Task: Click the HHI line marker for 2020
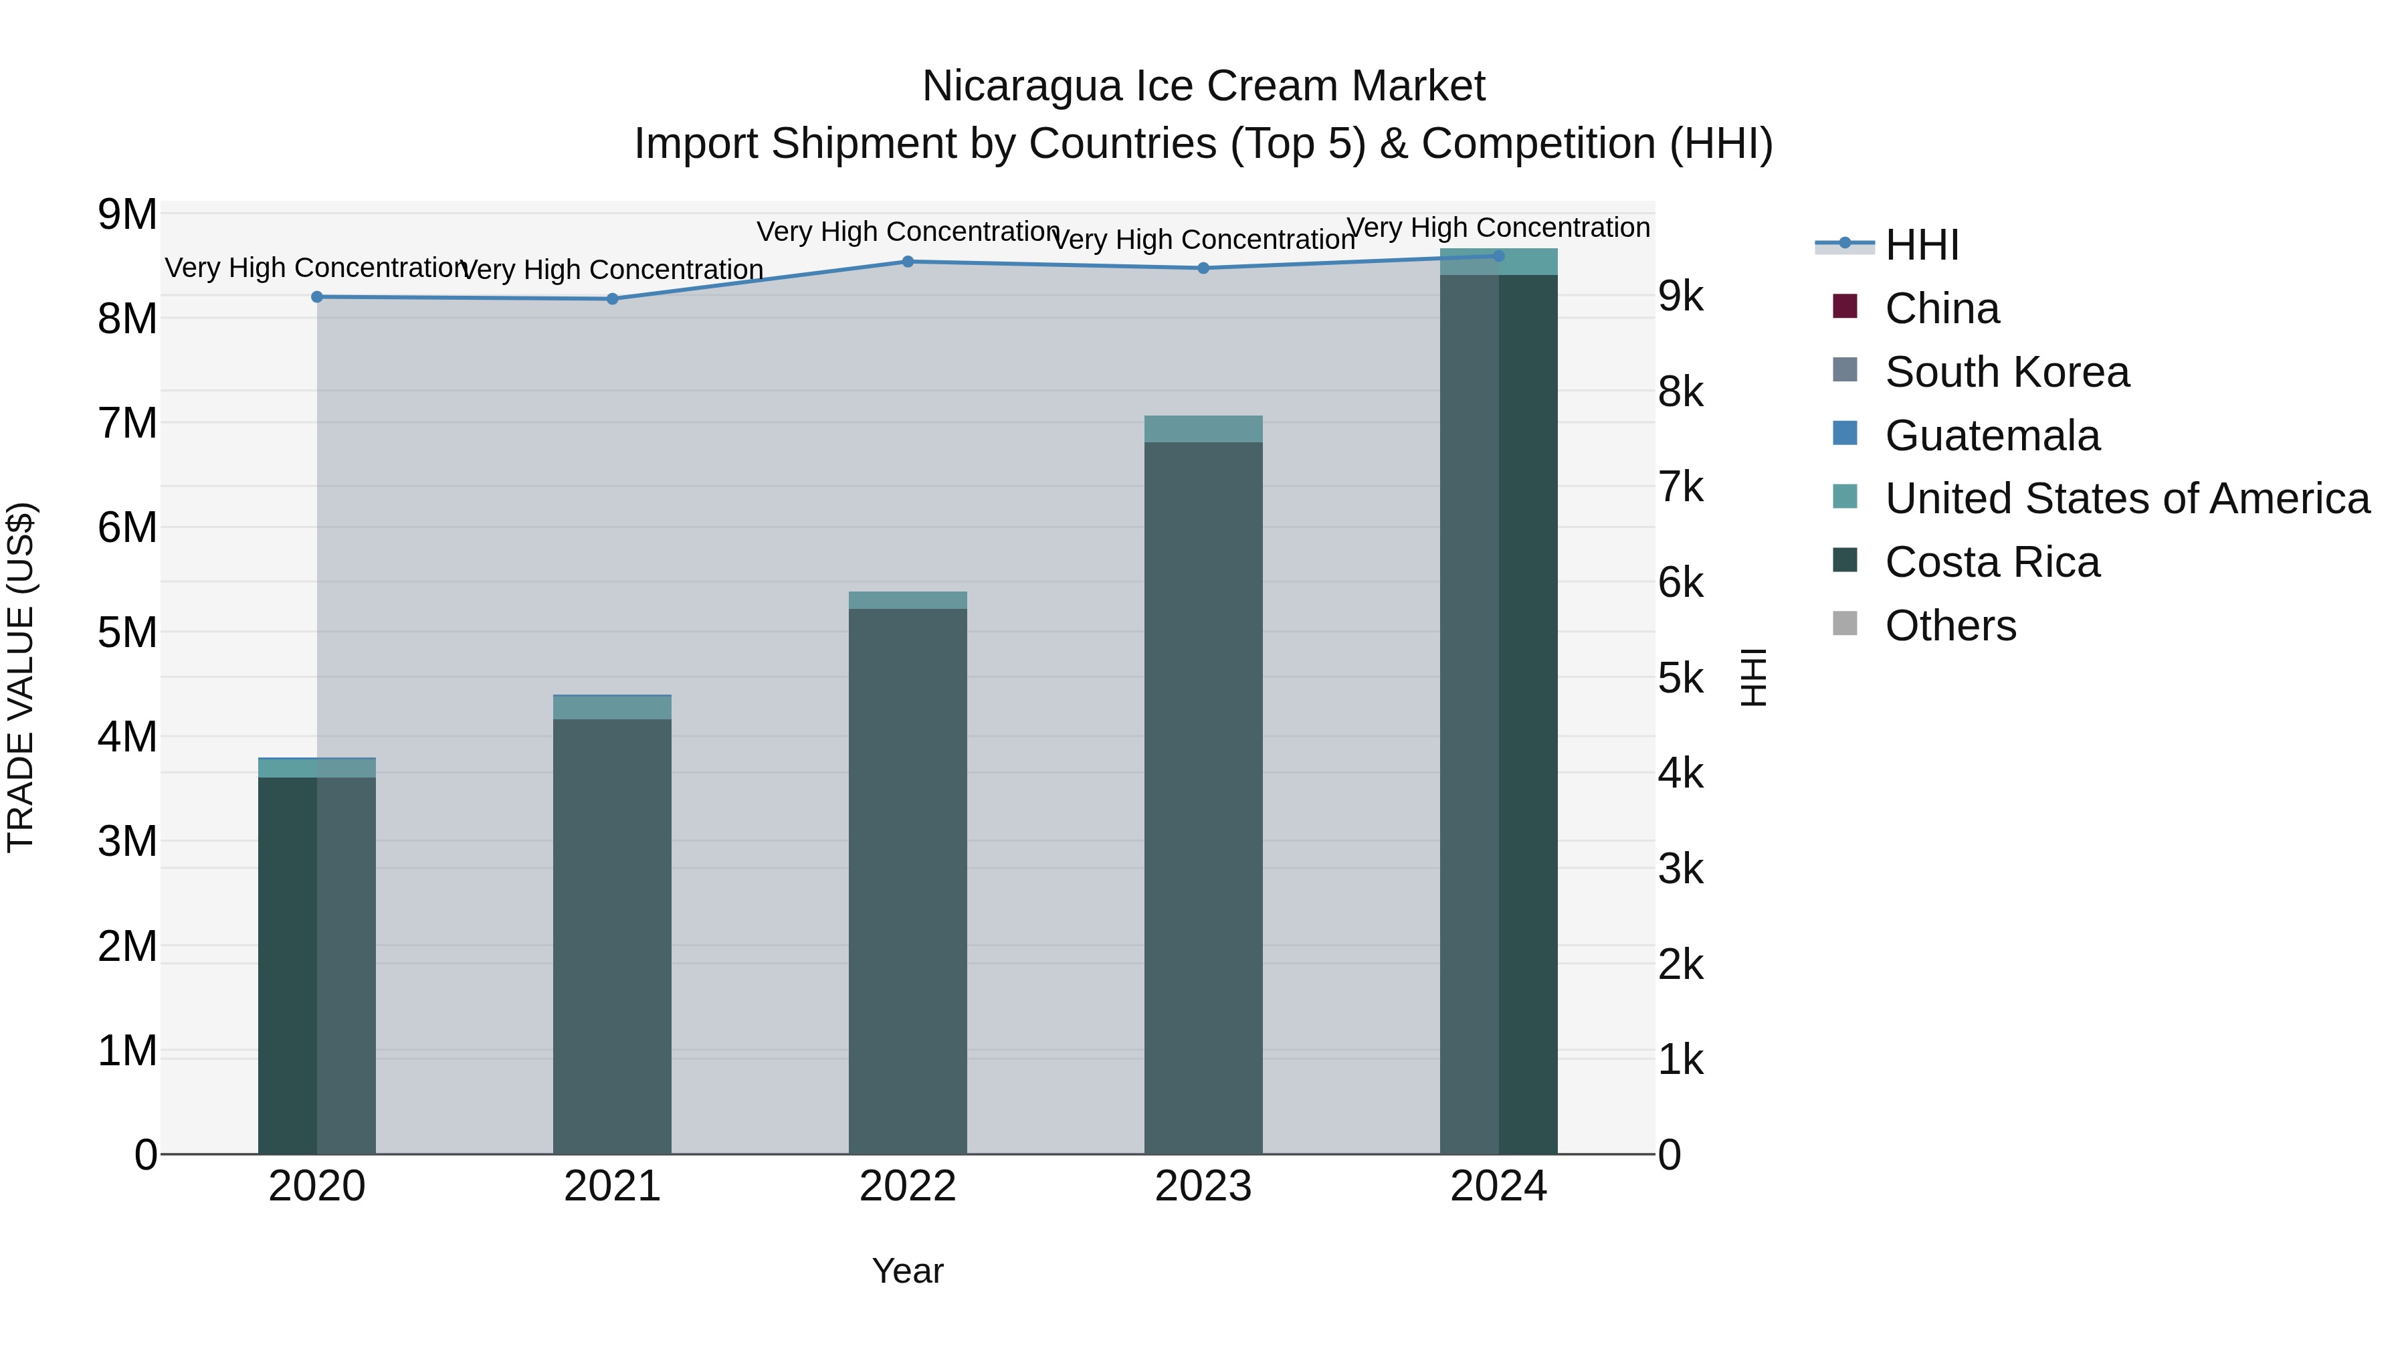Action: coord(317,296)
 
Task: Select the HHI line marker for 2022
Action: coord(908,262)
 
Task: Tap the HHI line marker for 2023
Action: coord(1203,268)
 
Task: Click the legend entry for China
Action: coord(1942,308)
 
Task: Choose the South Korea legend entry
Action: coord(2006,372)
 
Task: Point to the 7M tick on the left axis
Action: coord(128,423)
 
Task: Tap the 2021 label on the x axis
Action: coord(612,1186)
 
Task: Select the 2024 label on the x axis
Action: coord(1498,1186)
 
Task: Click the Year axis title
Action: coord(908,1271)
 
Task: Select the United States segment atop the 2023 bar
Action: coord(1203,429)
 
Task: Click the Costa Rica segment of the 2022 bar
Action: coord(908,879)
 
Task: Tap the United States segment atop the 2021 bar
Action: coord(612,708)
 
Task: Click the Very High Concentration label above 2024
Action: coord(1498,228)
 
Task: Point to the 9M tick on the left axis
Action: coord(128,214)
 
